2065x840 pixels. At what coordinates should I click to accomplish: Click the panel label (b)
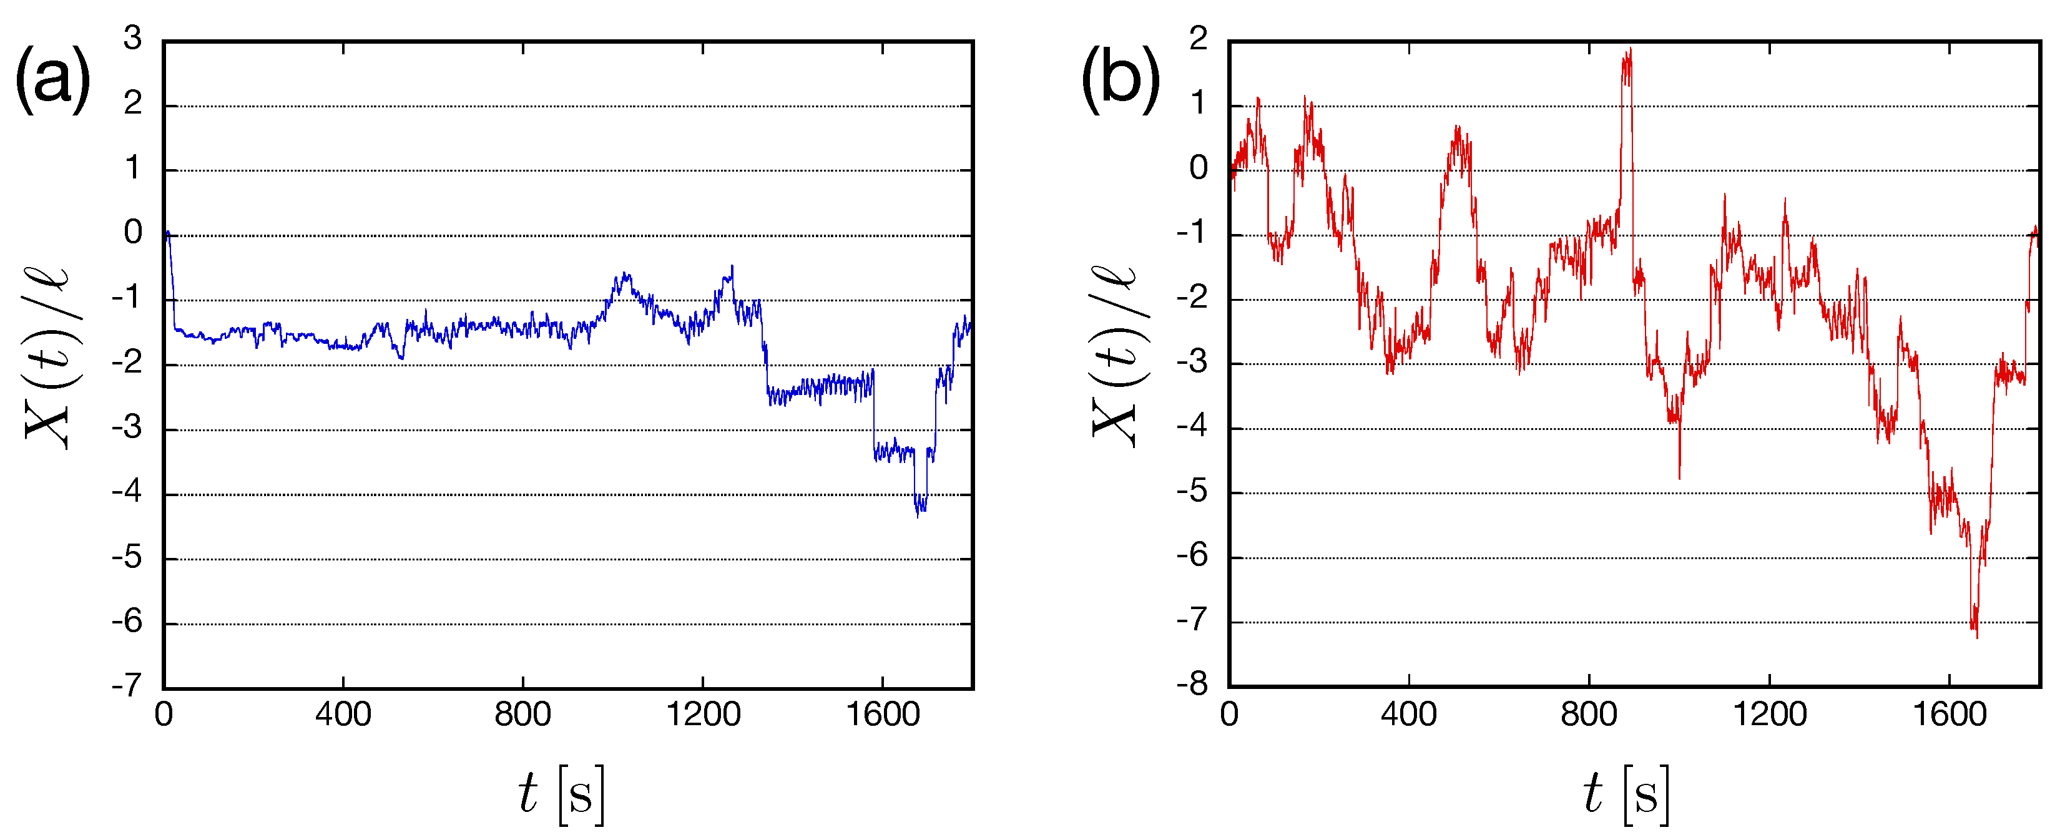click(x=1120, y=80)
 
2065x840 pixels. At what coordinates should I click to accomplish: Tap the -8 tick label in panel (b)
click(x=1192, y=685)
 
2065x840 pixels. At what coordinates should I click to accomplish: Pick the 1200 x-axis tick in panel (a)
click(x=703, y=714)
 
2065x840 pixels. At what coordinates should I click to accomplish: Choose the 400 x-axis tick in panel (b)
click(x=1408, y=714)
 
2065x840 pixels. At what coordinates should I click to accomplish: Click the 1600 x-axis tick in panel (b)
click(x=1949, y=714)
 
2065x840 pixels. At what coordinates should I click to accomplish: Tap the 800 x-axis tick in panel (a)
click(x=522, y=714)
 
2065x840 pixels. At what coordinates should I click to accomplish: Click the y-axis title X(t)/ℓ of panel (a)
click(x=48, y=357)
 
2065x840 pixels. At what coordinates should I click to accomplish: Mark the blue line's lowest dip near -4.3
click(x=918, y=515)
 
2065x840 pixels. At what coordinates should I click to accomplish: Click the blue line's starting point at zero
click(x=167, y=234)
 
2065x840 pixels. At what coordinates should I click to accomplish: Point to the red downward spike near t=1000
click(x=1679, y=477)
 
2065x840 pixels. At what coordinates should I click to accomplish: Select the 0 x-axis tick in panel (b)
click(x=1229, y=714)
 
